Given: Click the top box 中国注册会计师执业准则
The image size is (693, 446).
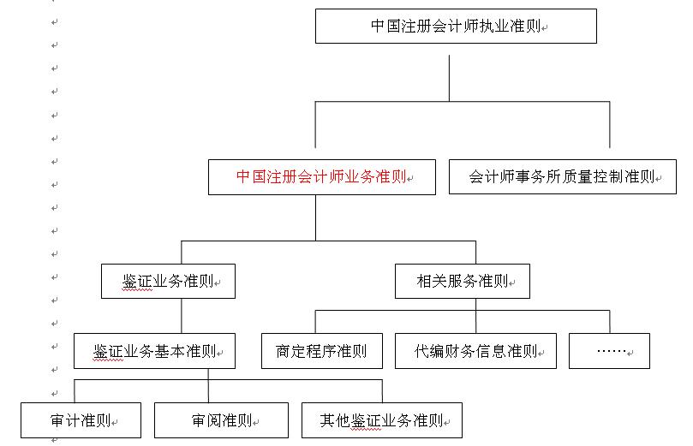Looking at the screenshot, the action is (x=456, y=26).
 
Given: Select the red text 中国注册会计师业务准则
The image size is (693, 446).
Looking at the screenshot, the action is (x=321, y=176).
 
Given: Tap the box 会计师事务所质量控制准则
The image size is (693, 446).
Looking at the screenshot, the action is (x=563, y=176).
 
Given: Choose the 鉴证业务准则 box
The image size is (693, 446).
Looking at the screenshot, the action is (x=168, y=282).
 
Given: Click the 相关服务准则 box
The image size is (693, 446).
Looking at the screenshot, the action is (x=463, y=282).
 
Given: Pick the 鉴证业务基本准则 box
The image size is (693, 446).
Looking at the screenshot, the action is (x=154, y=351).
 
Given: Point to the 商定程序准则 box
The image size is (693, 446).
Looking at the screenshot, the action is (x=322, y=351).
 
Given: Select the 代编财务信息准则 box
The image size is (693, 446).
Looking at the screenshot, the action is (x=475, y=351).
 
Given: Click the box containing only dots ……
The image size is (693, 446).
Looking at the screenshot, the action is (x=609, y=351).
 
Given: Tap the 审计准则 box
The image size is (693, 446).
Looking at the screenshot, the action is (x=81, y=420).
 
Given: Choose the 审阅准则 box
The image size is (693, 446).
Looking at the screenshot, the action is (x=221, y=420).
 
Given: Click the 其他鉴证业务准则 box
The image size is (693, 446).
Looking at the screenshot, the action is (x=382, y=420).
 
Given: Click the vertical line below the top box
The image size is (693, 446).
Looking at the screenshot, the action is (x=449, y=78).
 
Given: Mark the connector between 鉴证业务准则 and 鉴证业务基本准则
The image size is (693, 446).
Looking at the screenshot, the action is (x=182, y=316).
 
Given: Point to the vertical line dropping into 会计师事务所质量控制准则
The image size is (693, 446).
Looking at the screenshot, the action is (x=609, y=124).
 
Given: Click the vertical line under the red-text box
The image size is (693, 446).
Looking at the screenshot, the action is (x=315, y=217).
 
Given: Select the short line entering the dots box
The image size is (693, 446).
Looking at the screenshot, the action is (x=609, y=322).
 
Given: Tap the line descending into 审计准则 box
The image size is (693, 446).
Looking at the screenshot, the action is (x=75, y=391).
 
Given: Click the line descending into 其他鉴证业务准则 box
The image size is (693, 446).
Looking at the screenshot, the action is (x=382, y=391).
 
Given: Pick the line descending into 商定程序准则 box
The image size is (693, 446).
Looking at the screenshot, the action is (x=315, y=322).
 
